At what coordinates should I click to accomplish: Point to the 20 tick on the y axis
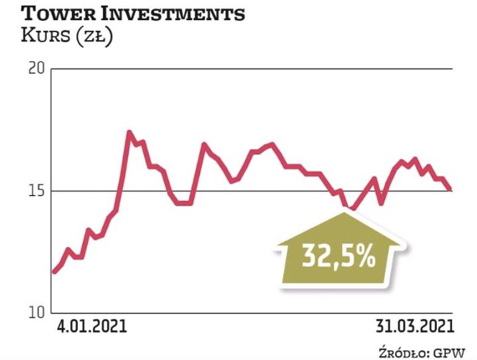click(37, 68)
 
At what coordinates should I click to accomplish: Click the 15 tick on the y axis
click(37, 191)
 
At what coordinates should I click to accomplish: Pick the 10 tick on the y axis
click(37, 313)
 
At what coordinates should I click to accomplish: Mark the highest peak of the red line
click(129, 132)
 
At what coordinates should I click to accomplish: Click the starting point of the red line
click(53, 272)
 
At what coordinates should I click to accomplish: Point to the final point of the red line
click(450, 190)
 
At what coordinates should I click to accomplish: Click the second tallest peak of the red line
click(204, 144)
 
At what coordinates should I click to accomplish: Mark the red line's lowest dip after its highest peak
click(351, 209)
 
